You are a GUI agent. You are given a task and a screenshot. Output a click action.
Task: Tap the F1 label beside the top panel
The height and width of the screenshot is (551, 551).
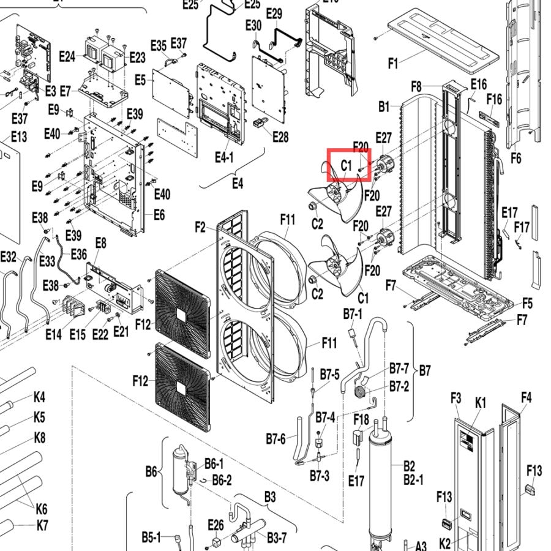click(x=393, y=64)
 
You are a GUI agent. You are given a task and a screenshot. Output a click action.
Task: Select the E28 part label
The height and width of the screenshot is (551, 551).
click(x=281, y=137)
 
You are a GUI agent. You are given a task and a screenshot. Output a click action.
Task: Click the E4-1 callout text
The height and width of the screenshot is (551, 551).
click(x=224, y=158)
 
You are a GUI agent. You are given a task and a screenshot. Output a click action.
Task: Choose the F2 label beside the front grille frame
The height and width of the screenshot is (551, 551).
click(x=200, y=227)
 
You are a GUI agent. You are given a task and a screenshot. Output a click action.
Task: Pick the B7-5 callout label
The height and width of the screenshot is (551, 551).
click(x=329, y=375)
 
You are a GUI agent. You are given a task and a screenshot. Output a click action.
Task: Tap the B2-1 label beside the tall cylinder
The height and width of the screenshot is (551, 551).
click(x=414, y=479)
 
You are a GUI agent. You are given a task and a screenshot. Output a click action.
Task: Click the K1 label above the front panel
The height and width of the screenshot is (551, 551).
click(x=481, y=403)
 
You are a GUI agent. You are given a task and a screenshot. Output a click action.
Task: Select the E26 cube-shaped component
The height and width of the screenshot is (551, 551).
click(x=217, y=541)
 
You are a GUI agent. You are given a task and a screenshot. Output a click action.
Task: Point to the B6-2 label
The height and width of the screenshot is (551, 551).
click(x=222, y=479)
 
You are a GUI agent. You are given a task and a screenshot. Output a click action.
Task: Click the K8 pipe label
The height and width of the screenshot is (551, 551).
click(x=40, y=438)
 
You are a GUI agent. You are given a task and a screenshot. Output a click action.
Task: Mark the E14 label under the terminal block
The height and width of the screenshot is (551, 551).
click(x=53, y=334)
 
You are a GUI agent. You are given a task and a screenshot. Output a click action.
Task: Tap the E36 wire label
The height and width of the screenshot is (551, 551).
click(x=79, y=254)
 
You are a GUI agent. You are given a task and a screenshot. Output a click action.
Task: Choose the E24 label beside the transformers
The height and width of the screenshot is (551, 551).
click(x=67, y=56)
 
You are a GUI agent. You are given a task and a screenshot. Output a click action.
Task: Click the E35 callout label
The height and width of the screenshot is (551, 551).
click(x=159, y=46)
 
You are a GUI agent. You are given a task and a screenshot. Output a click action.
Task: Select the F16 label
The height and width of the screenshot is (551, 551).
click(x=495, y=99)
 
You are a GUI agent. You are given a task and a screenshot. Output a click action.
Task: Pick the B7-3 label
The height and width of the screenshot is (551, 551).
click(x=320, y=476)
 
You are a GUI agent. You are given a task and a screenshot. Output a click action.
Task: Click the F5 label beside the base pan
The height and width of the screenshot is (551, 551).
click(x=528, y=303)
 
